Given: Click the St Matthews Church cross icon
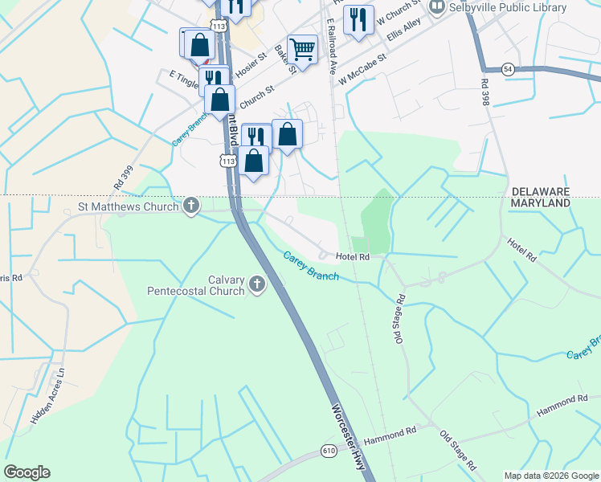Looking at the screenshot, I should [x=191, y=206].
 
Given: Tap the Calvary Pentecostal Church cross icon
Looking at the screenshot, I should [x=257, y=284].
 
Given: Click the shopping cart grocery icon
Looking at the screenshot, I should [x=302, y=49].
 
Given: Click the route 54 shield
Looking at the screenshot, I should [x=509, y=69].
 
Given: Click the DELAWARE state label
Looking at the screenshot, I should [x=540, y=192].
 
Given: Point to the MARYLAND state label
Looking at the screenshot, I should [x=540, y=203].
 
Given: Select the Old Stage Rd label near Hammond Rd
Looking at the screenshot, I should [x=458, y=450].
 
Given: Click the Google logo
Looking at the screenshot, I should [x=27, y=472].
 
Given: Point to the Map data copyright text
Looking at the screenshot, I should [x=550, y=476].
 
